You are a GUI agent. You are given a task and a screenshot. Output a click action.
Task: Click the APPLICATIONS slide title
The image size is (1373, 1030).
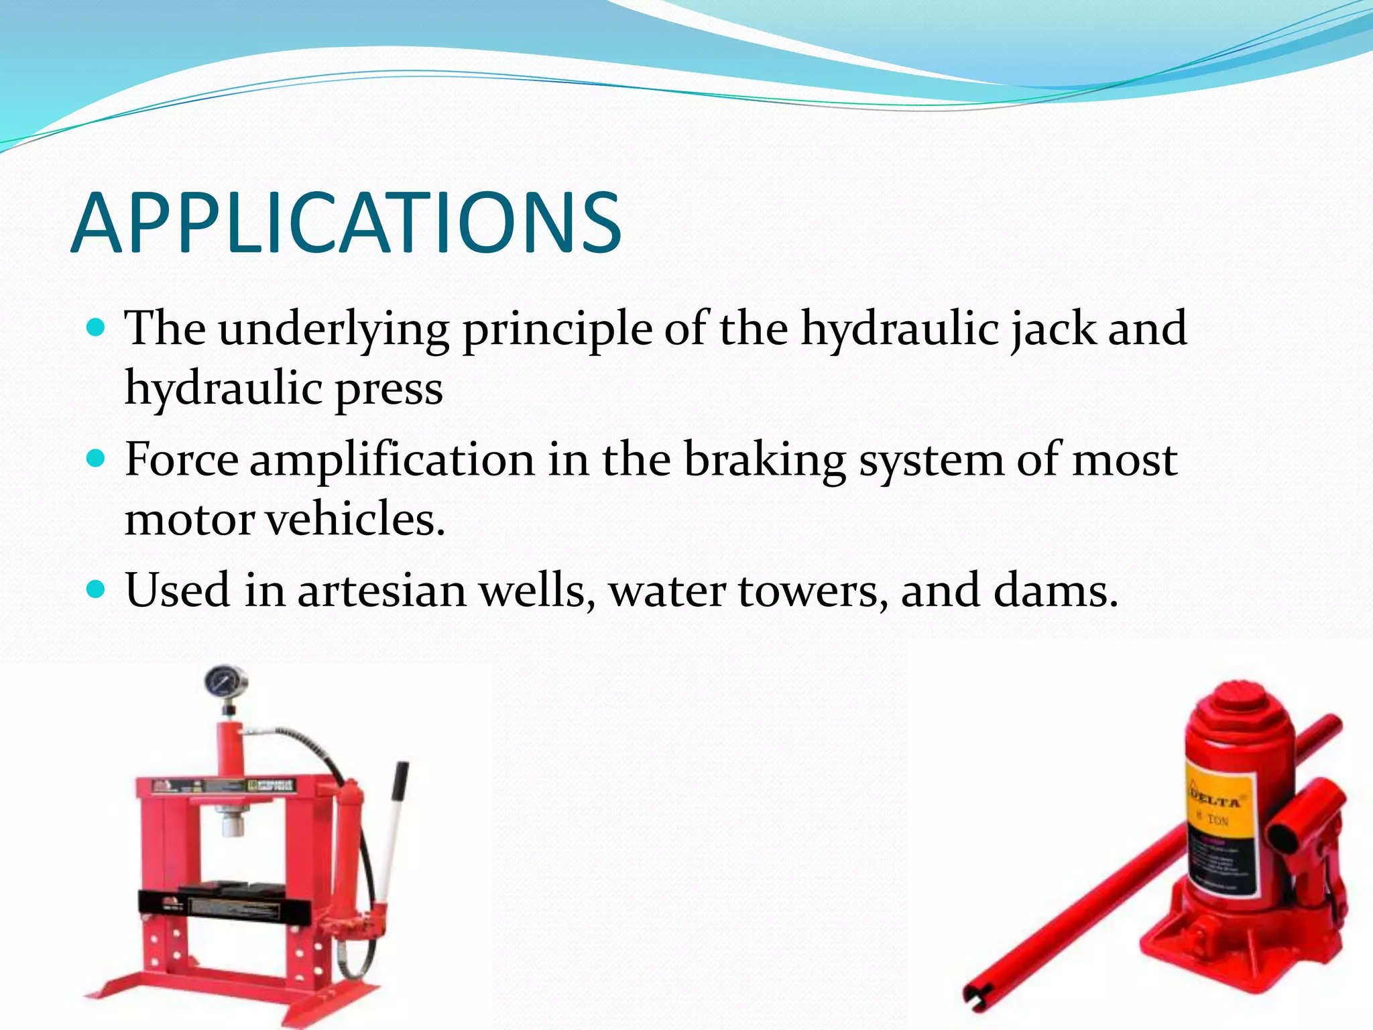click(346, 223)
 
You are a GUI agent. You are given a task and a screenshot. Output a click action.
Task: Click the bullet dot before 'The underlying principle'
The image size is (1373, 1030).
click(97, 328)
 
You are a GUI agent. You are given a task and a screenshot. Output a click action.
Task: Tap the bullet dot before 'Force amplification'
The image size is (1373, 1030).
click(97, 459)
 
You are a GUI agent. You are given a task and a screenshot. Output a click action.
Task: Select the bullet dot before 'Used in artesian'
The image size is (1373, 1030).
click(97, 589)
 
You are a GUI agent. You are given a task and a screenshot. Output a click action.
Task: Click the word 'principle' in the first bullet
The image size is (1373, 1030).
click(557, 330)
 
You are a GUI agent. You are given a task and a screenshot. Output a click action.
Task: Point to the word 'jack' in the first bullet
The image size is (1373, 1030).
click(1053, 330)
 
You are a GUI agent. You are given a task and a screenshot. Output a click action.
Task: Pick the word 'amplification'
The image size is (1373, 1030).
click(392, 461)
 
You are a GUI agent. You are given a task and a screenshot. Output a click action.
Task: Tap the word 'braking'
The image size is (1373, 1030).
click(764, 461)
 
